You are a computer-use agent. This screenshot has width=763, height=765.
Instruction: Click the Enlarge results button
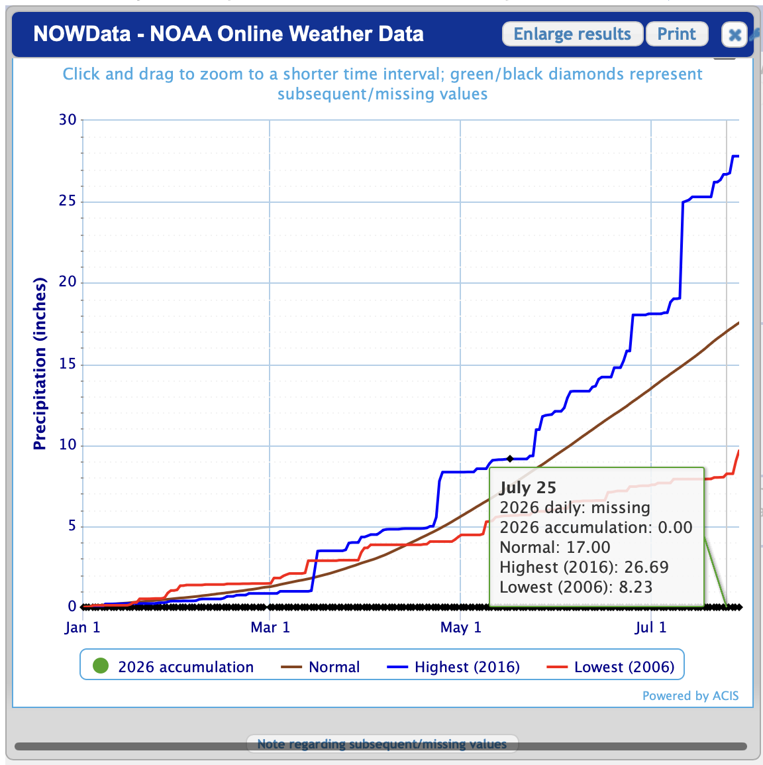pyautogui.click(x=572, y=34)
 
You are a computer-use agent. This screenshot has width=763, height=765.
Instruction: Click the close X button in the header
pyautogui.click(x=735, y=34)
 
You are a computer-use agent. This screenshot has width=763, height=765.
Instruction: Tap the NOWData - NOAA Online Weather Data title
pyautogui.click(x=228, y=34)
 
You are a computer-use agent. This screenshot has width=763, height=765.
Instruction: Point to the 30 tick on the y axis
pyautogui.click(x=68, y=120)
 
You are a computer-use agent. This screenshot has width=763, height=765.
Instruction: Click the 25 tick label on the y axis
pyautogui.click(x=68, y=201)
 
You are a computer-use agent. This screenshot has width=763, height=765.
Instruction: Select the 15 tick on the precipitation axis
pyautogui.click(x=68, y=364)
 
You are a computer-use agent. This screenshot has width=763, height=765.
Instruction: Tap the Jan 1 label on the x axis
pyautogui.click(x=82, y=627)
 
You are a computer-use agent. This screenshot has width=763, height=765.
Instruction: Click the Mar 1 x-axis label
pyautogui.click(x=270, y=627)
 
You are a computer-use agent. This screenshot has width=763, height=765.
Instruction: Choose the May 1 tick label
pyautogui.click(x=461, y=627)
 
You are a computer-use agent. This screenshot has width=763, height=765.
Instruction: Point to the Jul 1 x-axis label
pyautogui.click(x=650, y=627)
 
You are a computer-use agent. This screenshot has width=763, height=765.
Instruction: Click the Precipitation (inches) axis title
pyautogui.click(x=40, y=363)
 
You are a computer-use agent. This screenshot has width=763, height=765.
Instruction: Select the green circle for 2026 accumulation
pyautogui.click(x=101, y=666)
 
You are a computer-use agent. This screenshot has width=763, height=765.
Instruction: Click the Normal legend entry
pyautogui.click(x=321, y=667)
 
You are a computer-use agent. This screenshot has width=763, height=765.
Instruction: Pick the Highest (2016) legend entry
pyautogui.click(x=454, y=667)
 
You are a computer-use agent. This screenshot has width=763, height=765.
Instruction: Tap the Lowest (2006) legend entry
pyautogui.click(x=611, y=667)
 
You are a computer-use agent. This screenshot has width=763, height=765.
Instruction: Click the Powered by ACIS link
pyautogui.click(x=690, y=695)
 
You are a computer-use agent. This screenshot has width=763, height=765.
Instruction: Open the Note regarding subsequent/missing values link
pyautogui.click(x=381, y=744)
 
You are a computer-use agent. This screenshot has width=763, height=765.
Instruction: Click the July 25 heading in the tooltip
pyautogui.click(x=527, y=488)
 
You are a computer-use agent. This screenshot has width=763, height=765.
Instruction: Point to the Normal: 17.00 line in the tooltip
pyautogui.click(x=555, y=548)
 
